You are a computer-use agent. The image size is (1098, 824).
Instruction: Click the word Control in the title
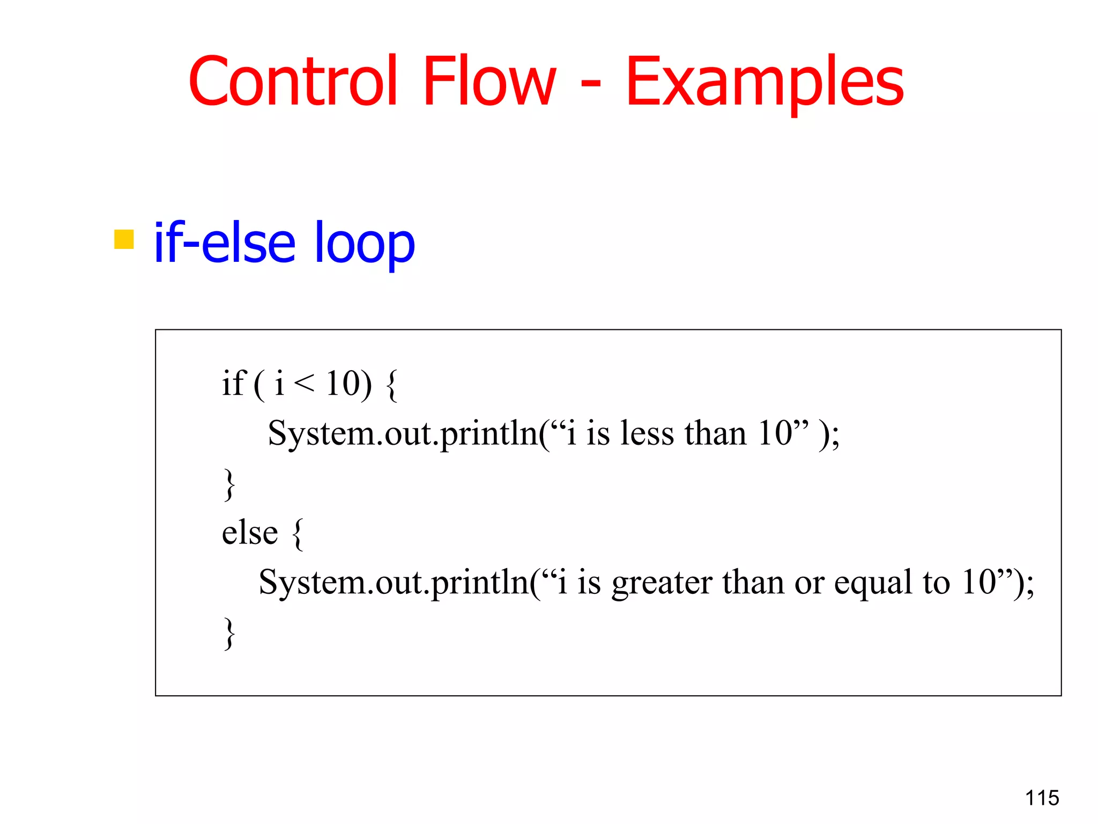tap(293, 82)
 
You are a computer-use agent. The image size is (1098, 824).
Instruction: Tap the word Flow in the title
tap(489, 82)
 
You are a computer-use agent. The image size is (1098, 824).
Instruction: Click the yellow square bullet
tap(124, 239)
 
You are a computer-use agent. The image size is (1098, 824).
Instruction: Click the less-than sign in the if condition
tap(304, 382)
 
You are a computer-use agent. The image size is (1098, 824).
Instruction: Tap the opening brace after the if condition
tap(391, 385)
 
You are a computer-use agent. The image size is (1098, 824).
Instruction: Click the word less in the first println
tap(647, 433)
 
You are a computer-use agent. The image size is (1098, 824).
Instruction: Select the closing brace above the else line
tap(229, 484)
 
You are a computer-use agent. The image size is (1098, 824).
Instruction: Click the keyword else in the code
tap(250, 533)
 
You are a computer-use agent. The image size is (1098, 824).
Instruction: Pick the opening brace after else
tap(298, 534)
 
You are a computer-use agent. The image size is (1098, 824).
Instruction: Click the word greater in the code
tap(662, 583)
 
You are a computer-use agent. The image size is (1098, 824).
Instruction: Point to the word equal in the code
tap(873, 583)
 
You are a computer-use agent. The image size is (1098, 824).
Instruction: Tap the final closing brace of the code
tap(229, 633)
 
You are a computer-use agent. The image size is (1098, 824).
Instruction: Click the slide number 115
tap(1042, 798)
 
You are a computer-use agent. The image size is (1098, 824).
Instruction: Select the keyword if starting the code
tap(234, 383)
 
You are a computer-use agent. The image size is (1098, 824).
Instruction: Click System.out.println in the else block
tap(394, 583)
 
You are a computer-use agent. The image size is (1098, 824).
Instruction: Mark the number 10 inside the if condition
tap(343, 383)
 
